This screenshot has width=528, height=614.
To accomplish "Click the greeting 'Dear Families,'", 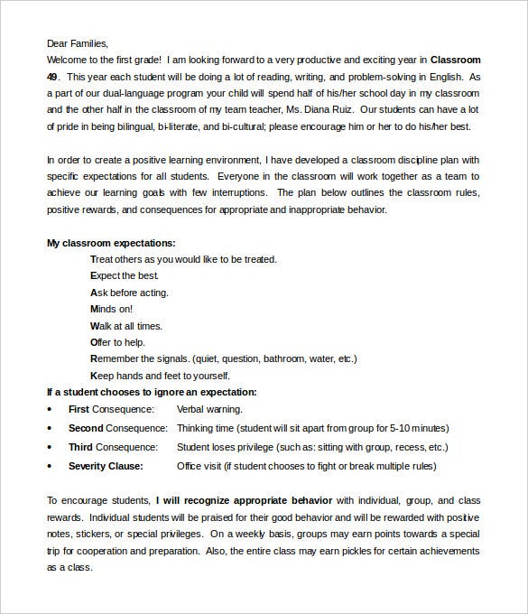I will click(77, 43).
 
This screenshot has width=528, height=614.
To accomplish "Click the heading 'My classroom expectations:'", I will click(111, 243).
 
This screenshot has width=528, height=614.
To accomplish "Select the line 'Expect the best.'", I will click(125, 275).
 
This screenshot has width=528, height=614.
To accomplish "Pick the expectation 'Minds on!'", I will click(113, 309).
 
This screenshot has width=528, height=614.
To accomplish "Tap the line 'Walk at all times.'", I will click(126, 325).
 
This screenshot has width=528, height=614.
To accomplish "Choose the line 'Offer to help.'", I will click(117, 342).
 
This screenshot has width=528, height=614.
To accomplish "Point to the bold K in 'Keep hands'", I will click(93, 376).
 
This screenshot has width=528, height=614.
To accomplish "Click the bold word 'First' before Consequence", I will click(79, 409).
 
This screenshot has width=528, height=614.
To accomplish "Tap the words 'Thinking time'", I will click(206, 428).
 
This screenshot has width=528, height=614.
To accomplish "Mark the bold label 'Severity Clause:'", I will click(105, 467).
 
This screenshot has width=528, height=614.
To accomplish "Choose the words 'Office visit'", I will click(204, 467).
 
